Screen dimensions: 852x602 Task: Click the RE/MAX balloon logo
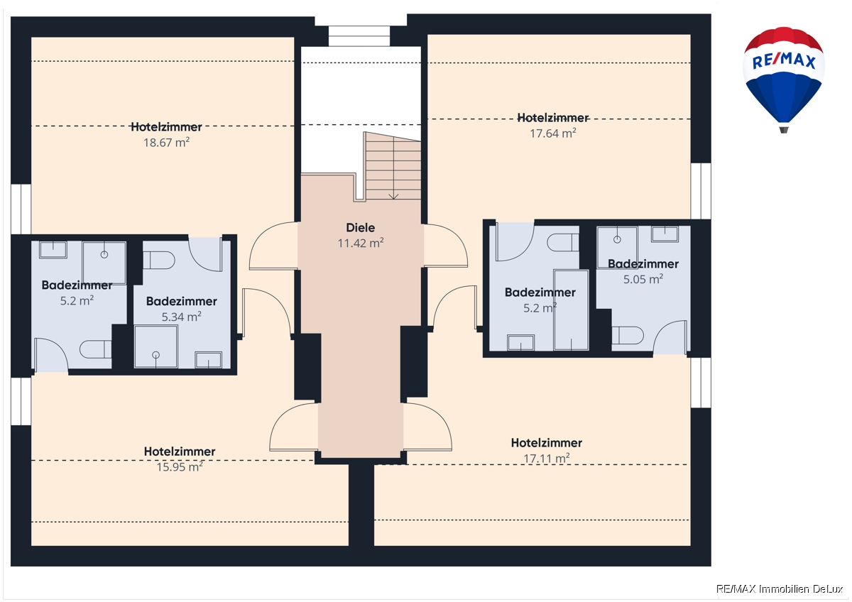pyautogui.click(x=784, y=80)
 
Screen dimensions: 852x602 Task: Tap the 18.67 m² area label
pyautogui.click(x=167, y=143)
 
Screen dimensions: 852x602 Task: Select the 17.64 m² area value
pyautogui.click(x=553, y=133)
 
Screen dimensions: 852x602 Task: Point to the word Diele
pyautogui.click(x=360, y=228)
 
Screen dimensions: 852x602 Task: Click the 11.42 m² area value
pyautogui.click(x=361, y=243)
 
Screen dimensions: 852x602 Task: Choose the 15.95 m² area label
pyautogui.click(x=180, y=466)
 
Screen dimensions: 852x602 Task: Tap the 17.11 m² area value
pyautogui.click(x=547, y=459)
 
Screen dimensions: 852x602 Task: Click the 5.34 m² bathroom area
pyautogui.click(x=182, y=317)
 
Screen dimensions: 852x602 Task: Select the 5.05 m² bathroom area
pyautogui.click(x=643, y=279)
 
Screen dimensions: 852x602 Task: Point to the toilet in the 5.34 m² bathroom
pyautogui.click(x=159, y=261)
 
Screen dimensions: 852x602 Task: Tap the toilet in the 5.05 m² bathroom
pyautogui.click(x=628, y=335)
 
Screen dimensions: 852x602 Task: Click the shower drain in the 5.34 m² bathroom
pyautogui.click(x=155, y=355)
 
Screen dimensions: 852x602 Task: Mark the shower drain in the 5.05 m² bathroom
pyautogui.click(x=617, y=239)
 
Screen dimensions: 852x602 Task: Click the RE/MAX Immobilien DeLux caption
pyautogui.click(x=780, y=589)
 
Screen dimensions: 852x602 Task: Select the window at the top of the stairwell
pyautogui.click(x=359, y=36)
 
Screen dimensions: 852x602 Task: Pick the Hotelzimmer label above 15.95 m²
pyautogui.click(x=180, y=451)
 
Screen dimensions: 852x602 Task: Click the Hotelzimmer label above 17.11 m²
pyautogui.click(x=547, y=443)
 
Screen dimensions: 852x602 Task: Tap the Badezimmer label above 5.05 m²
pyautogui.click(x=643, y=264)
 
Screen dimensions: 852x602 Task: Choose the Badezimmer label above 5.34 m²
pyautogui.click(x=182, y=301)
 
